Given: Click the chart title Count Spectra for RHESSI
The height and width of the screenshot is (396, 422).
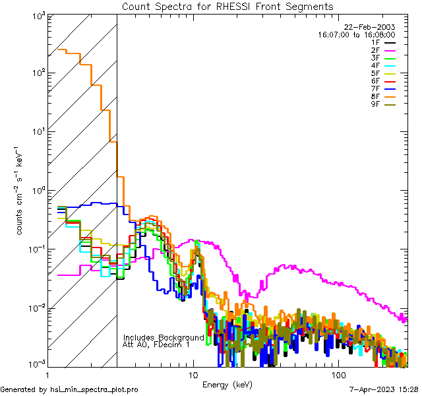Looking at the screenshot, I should pyautogui.click(x=227, y=6).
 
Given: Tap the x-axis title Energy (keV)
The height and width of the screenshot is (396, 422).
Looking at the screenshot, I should pyautogui.click(x=227, y=384).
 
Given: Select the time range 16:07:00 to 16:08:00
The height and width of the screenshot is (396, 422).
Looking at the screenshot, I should pyautogui.click(x=356, y=34).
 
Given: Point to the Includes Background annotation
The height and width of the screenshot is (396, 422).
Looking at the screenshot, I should pyautogui.click(x=164, y=337).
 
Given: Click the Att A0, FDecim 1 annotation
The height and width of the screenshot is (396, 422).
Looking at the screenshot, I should pyautogui.click(x=156, y=345).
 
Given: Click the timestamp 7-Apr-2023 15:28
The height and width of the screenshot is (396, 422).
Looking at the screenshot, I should pyautogui.click(x=382, y=389).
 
